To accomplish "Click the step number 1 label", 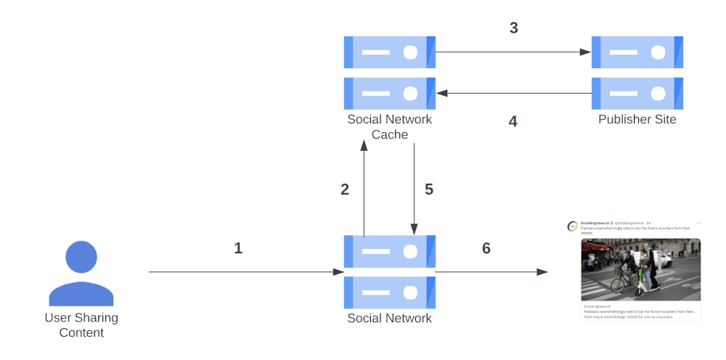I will pyautogui.click(x=238, y=248).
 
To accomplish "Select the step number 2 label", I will pyautogui.click(x=345, y=189).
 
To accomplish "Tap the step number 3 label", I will pyautogui.click(x=513, y=28).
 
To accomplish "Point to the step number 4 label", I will pyautogui.click(x=513, y=121).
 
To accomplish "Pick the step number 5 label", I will pyautogui.click(x=428, y=189).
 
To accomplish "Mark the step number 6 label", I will pyautogui.click(x=486, y=248).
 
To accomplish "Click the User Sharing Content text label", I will pyautogui.click(x=81, y=325).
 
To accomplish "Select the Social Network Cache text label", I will pyautogui.click(x=389, y=127).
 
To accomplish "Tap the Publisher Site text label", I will pyautogui.click(x=637, y=120).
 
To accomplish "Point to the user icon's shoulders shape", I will pyautogui.click(x=81, y=293).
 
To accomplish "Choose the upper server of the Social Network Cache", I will pyautogui.click(x=389, y=52).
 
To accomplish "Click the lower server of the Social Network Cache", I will pyautogui.click(x=389, y=93).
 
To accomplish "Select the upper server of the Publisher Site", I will pyautogui.click(x=637, y=52).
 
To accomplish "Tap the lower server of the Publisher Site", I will pyautogui.click(x=637, y=93).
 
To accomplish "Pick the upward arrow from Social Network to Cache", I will pyautogui.click(x=364, y=189).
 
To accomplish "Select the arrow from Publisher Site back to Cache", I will pyautogui.click(x=514, y=93).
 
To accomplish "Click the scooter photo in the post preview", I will pyautogui.click(x=640, y=269).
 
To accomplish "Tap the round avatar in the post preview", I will pyautogui.click(x=573, y=226).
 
